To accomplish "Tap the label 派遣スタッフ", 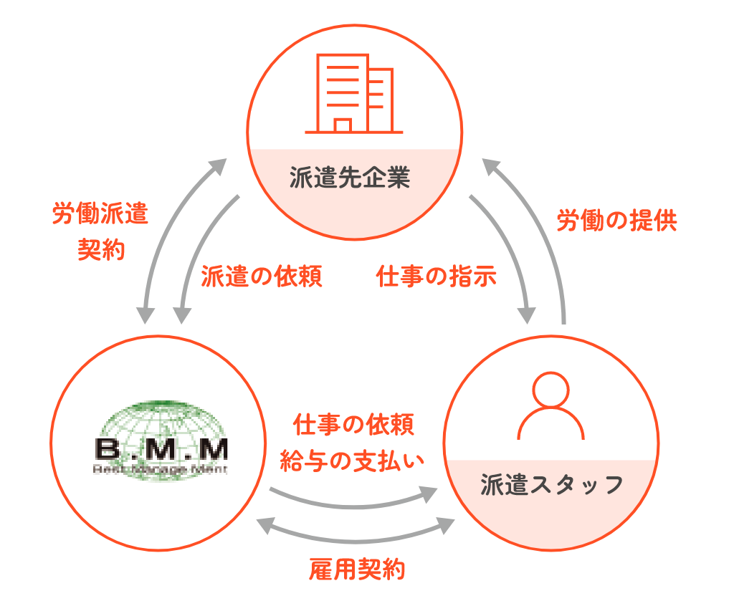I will pyautogui.click(x=550, y=485).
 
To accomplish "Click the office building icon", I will pyautogui.click(x=353, y=95).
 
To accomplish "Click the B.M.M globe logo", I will pyautogui.click(x=161, y=441).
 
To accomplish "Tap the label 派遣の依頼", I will pyautogui.click(x=262, y=276).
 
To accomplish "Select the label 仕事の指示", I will pyautogui.click(x=437, y=276).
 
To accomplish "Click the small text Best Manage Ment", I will pyautogui.click(x=161, y=470).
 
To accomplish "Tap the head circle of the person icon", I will pyautogui.click(x=550, y=390).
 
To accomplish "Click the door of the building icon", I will pyautogui.click(x=343, y=125).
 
